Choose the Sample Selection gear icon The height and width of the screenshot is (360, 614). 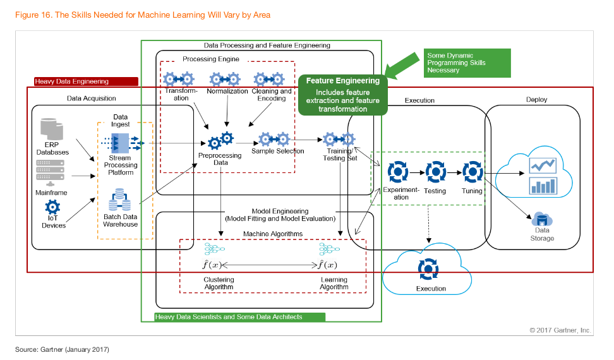(275, 139)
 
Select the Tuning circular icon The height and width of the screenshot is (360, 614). (472, 172)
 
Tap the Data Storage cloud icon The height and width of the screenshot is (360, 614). (541, 220)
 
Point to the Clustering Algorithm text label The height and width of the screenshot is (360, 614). (219, 283)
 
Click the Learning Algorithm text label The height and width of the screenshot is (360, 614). (334, 283)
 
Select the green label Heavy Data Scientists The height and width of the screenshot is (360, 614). (229, 317)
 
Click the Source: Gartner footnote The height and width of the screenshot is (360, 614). (63, 349)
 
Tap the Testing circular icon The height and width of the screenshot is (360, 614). (435, 172)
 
